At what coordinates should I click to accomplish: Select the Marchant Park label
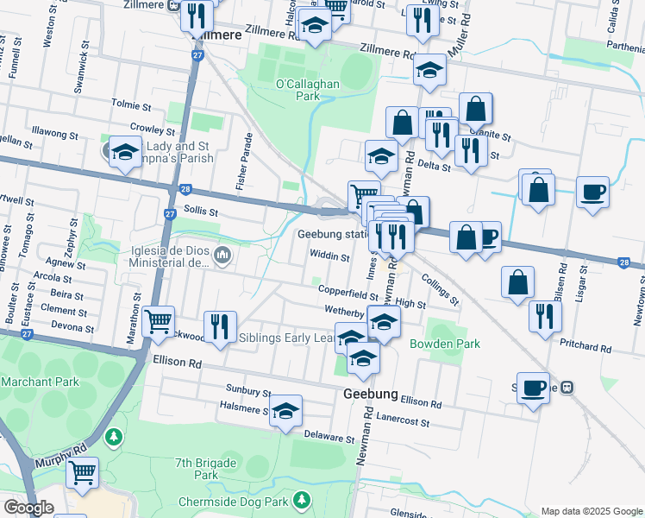[x=41, y=382]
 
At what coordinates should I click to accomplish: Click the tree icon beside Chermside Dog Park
[x=301, y=500]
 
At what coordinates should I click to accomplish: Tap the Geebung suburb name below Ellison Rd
[x=370, y=394]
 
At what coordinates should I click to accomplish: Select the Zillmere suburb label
[x=216, y=35]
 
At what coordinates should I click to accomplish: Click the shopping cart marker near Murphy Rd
[x=82, y=471]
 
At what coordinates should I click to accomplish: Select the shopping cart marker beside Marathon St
[x=158, y=321]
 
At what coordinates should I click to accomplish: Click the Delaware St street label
[x=329, y=439]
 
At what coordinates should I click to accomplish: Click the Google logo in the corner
[x=28, y=507]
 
